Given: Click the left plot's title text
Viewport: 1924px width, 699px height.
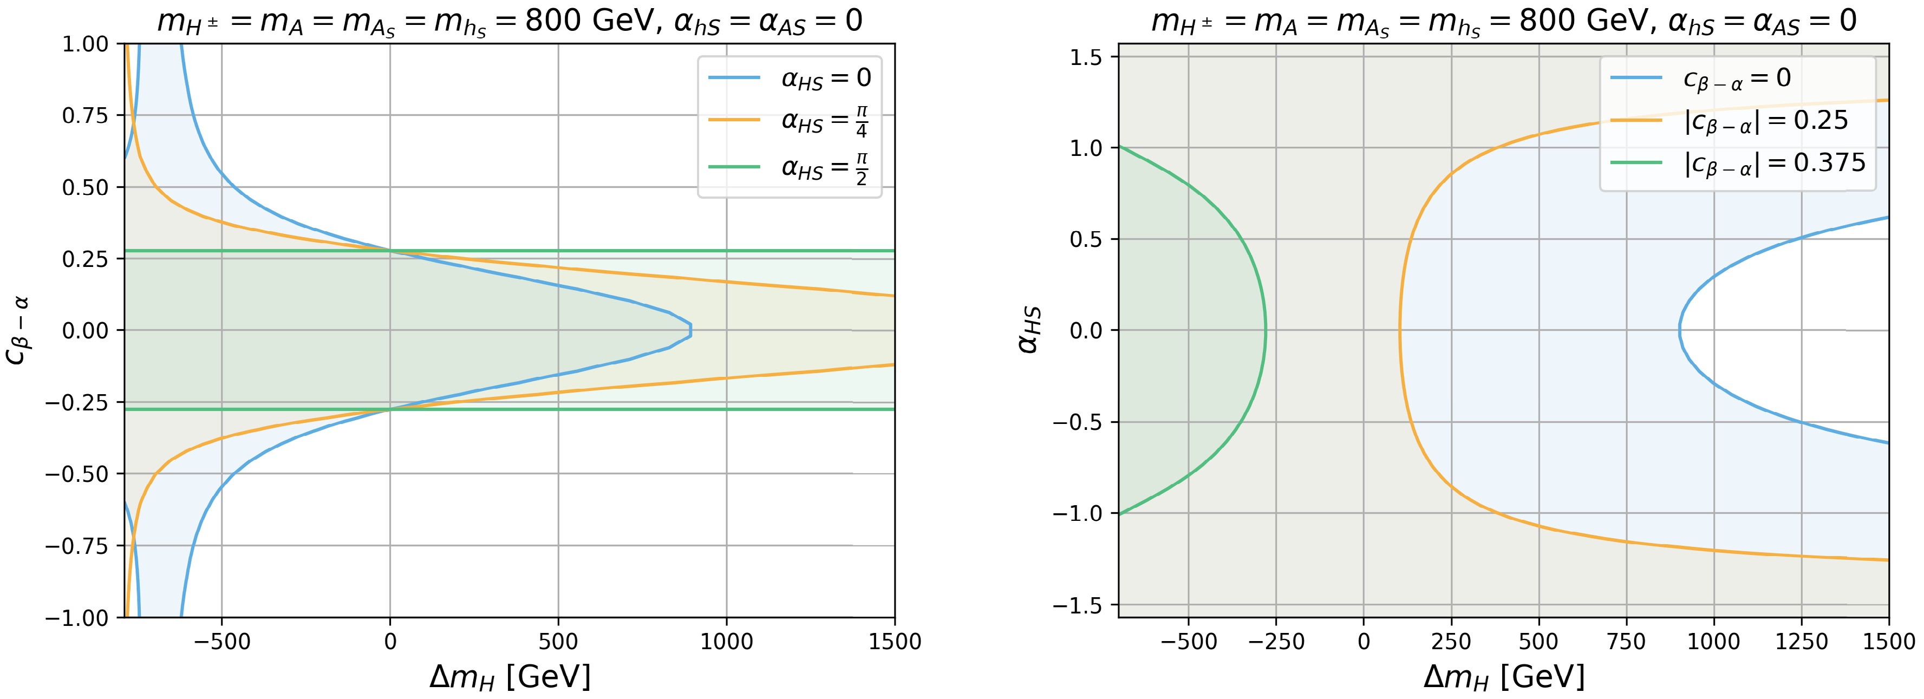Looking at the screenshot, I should tap(510, 21).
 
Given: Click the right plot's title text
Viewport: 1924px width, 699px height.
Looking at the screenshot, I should tap(1503, 21).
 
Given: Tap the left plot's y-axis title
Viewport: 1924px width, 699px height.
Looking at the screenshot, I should tap(18, 330).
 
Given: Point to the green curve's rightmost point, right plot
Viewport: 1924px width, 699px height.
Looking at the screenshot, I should tap(1265, 330).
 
